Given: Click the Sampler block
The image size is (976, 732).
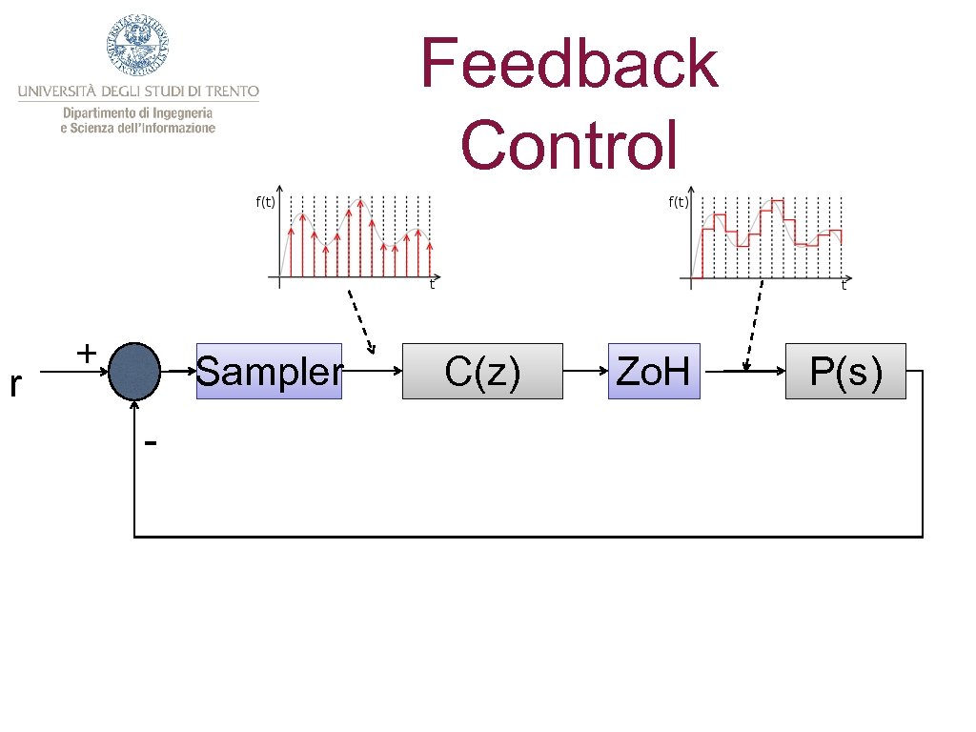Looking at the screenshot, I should tap(268, 371).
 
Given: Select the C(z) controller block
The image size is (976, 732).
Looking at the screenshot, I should tap(482, 371).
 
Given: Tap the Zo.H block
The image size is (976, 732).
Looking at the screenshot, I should tap(654, 371).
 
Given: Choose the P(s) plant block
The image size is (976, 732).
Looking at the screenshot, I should tap(845, 371).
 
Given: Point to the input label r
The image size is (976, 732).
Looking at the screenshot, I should tap(13, 385).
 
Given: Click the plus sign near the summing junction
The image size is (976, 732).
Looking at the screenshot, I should tap(85, 354).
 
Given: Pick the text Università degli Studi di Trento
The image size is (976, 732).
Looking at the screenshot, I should tap(138, 91).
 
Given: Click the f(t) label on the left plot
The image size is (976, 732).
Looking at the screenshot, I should tap(265, 201).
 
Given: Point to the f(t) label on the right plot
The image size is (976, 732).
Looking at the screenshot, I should tap(679, 201).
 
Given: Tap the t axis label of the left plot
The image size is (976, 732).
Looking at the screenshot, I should tap(432, 284).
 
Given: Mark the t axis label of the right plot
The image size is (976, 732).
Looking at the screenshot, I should tap(844, 284).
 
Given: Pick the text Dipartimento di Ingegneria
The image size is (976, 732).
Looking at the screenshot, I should tap(138, 112).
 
